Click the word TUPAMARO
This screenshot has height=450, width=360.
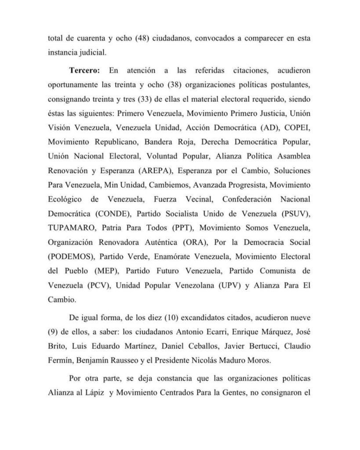click(x=70, y=228)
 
